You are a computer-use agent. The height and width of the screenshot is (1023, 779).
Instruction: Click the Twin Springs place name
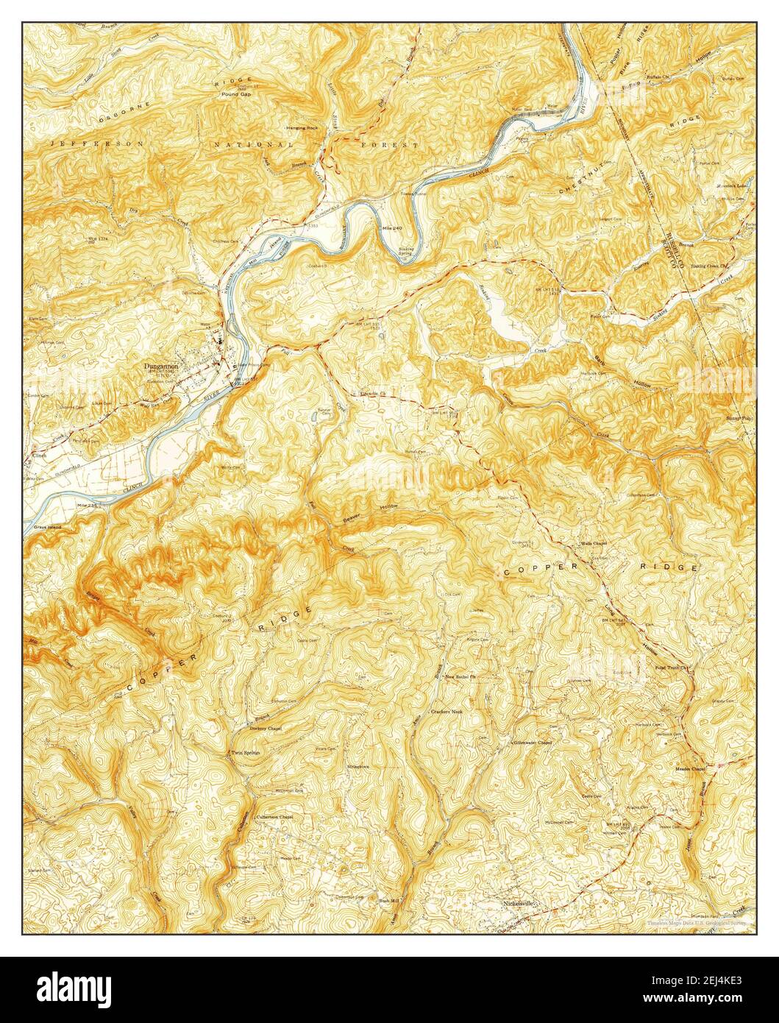coord(246,753)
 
